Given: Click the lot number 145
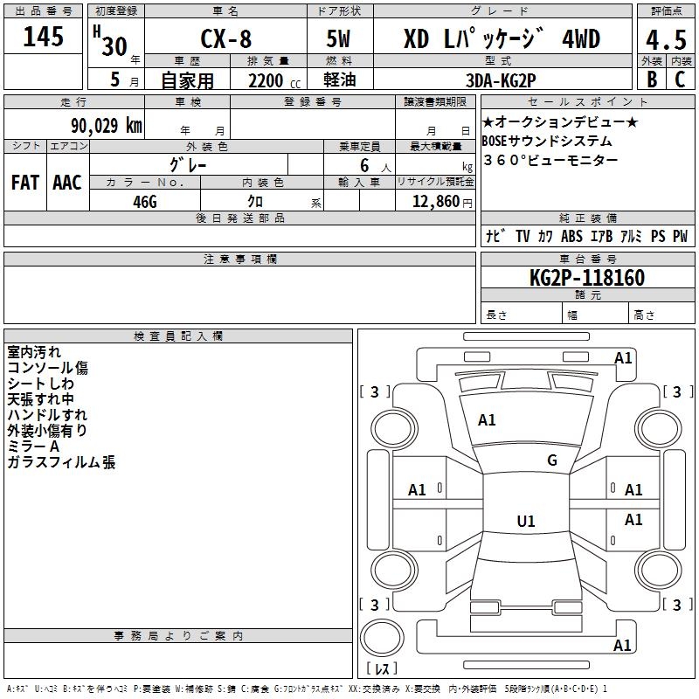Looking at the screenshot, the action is point(44,38).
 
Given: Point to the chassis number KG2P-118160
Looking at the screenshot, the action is point(587,278).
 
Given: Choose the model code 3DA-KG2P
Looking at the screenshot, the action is point(502,80).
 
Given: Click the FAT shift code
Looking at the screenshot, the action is point(25,183).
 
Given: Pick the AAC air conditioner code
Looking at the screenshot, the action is point(67,183).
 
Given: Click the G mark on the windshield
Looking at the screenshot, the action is point(552,460).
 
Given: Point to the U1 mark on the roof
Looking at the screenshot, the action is point(526,522).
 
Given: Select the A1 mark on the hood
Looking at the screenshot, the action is point(487,420).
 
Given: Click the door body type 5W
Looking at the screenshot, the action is point(340,40).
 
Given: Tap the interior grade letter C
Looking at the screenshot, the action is point(680,80).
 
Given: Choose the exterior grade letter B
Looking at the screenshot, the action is point(651,80).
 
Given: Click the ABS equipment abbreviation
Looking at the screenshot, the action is point(571,236).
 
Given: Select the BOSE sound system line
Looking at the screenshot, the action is point(547,141).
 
